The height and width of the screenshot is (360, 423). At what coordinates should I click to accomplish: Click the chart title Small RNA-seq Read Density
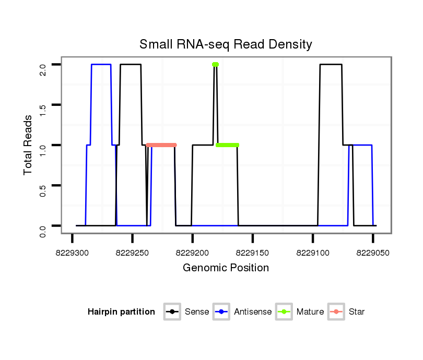tap(226, 44)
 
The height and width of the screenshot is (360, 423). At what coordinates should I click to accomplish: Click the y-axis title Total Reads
tap(29, 145)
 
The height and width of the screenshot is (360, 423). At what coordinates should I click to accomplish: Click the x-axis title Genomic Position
tap(226, 268)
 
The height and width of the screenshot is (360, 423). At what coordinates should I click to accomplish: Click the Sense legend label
tap(197, 312)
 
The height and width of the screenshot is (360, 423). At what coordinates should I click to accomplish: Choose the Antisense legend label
tap(253, 312)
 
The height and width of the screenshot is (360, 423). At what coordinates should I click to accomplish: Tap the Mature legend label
tap(310, 312)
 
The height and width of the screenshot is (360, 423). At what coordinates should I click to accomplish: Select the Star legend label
tap(356, 312)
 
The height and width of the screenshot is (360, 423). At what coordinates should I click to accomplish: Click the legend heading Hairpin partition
tap(121, 312)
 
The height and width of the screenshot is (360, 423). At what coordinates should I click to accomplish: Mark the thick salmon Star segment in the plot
tap(161, 145)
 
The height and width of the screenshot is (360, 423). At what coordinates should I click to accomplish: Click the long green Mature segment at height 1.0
tap(227, 145)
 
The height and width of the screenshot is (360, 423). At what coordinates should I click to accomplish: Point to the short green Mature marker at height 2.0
tap(215, 65)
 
